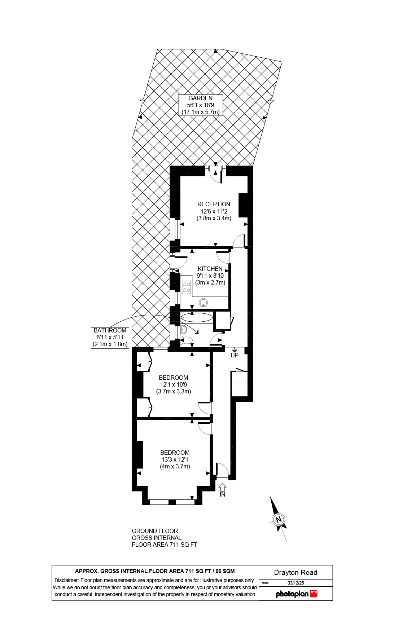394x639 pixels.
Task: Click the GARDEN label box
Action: [x=200, y=105]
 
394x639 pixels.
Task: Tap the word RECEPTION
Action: [x=214, y=204]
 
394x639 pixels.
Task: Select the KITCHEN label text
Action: [x=210, y=269]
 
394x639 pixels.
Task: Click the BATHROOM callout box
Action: [x=110, y=337]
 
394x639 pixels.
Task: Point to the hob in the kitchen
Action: [x=186, y=287]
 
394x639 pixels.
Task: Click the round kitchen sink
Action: [x=203, y=303]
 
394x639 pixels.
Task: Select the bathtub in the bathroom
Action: [x=197, y=318]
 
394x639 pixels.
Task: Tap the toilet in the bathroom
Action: [x=187, y=340]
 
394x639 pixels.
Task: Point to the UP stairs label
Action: [x=235, y=355]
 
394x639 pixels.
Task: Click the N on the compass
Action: [x=278, y=520]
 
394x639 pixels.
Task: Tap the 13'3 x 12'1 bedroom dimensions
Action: [x=175, y=459]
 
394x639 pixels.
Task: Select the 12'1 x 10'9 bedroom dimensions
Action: [x=174, y=384]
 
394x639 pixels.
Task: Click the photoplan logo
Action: [x=296, y=594]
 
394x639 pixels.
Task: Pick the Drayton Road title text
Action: [x=295, y=572]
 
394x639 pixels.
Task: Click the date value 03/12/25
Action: [x=295, y=583]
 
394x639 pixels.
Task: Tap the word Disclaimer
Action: [x=66, y=580]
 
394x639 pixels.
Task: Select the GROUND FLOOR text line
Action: [x=155, y=531]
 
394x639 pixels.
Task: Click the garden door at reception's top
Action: [x=215, y=175]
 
